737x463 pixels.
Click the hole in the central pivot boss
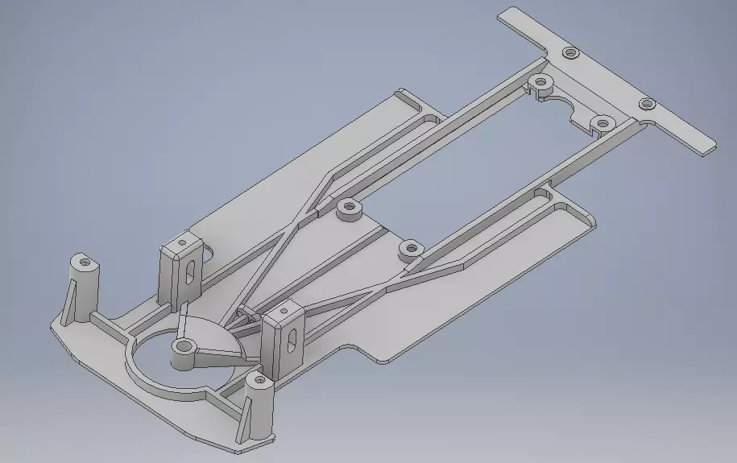pyautogui.click(x=184, y=347)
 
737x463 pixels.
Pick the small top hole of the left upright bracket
pyautogui.click(x=183, y=242)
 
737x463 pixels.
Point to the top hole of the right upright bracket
pyautogui.click(x=284, y=309)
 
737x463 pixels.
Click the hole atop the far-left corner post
pyautogui.click(x=84, y=262)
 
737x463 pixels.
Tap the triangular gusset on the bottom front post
pyautogui.click(x=244, y=419)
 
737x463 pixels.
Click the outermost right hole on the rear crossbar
pyautogui.click(x=646, y=104)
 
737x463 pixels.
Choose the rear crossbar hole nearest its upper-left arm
pyautogui.click(x=571, y=53)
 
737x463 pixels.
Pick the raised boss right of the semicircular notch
pyautogui.click(x=601, y=123)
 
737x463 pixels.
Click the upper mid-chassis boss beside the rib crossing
pyautogui.click(x=349, y=209)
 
